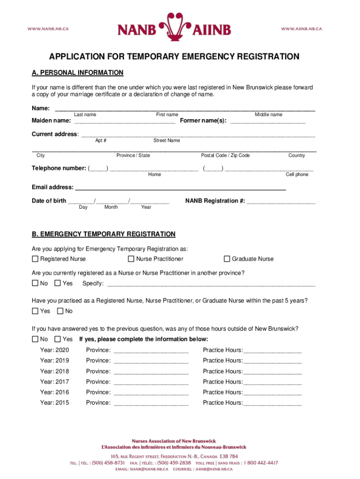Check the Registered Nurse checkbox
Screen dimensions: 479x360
pos(35,259)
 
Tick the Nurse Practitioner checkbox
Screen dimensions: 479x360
pos(131,259)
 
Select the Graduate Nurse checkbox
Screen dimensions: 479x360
pos(227,259)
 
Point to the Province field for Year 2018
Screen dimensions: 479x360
pos(151,371)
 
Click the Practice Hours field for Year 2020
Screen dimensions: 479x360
pos(273,350)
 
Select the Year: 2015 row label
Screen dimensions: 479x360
pos(54,403)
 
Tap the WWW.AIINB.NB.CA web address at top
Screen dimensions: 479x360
pos(301,29)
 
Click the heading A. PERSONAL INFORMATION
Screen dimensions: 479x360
pos(77,73)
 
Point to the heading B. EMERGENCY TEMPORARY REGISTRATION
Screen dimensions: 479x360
pos(103,234)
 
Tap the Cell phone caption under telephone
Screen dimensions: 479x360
pos(297,174)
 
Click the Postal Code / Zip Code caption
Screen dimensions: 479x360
pos(225,155)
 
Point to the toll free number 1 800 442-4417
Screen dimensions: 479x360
pos(259,463)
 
